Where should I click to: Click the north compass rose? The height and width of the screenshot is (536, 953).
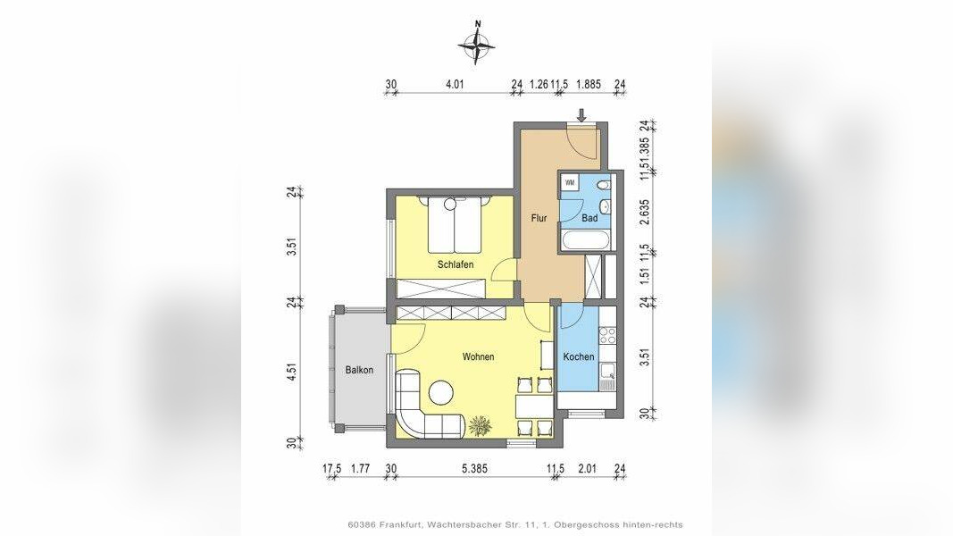click(477, 44)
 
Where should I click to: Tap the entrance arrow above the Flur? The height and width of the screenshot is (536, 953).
click(581, 115)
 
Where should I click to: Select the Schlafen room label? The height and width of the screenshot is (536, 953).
click(456, 265)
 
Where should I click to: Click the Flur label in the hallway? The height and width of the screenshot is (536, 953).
click(539, 218)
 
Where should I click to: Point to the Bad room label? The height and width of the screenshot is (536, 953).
click(589, 218)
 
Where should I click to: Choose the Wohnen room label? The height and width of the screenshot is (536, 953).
click(479, 356)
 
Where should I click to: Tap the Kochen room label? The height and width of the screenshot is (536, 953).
click(579, 356)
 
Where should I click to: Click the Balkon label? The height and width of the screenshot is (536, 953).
click(359, 370)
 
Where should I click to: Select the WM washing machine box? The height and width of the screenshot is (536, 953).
click(570, 182)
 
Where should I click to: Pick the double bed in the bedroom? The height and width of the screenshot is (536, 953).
click(456, 224)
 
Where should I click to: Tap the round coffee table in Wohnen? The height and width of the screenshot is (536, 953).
click(440, 392)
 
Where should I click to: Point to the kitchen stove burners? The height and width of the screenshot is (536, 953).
click(608, 336)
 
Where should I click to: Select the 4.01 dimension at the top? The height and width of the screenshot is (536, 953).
click(455, 85)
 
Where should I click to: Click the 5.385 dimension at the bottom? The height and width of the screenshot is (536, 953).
click(474, 468)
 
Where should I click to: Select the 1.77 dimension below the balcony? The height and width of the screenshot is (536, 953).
click(361, 468)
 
